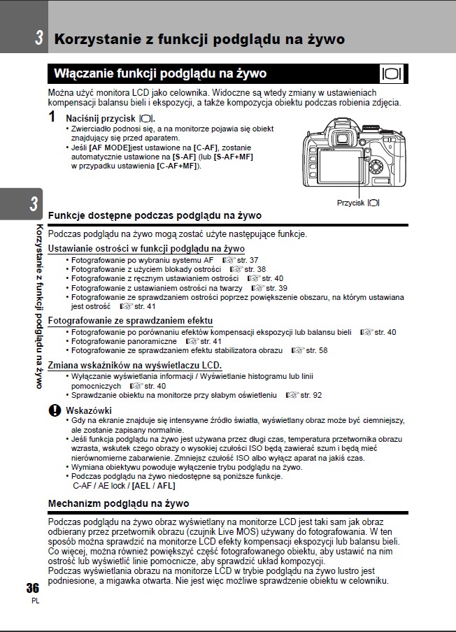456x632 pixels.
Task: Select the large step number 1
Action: click(x=53, y=117)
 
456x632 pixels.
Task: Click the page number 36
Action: click(x=32, y=587)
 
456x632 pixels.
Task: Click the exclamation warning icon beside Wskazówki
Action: click(x=54, y=410)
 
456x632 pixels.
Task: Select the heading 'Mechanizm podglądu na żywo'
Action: click(x=118, y=503)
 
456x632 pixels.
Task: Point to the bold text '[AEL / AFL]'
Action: click(x=153, y=485)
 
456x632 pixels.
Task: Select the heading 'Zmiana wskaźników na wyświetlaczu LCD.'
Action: click(x=134, y=366)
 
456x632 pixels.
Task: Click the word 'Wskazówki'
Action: click(x=88, y=410)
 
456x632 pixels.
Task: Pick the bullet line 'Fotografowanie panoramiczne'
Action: click(x=122, y=341)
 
